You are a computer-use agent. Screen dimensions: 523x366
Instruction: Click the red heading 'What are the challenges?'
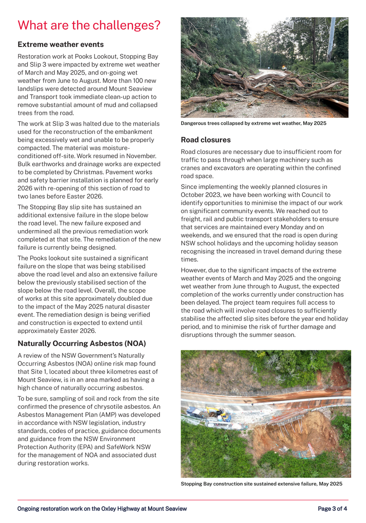click(89, 25)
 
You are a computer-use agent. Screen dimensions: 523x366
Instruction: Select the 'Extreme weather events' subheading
click(61, 44)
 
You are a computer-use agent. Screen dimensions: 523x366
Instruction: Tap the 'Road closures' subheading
click(206, 140)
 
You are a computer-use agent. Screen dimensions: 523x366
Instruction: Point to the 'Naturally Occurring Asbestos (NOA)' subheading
click(81, 343)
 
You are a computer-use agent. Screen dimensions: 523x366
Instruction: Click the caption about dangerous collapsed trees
click(254, 124)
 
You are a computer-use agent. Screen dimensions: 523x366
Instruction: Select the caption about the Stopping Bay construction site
click(261, 484)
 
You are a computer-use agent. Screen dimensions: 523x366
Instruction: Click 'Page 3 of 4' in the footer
click(333, 509)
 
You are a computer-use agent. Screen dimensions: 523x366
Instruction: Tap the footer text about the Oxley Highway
click(102, 509)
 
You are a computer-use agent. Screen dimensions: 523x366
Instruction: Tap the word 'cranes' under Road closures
click(191, 168)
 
